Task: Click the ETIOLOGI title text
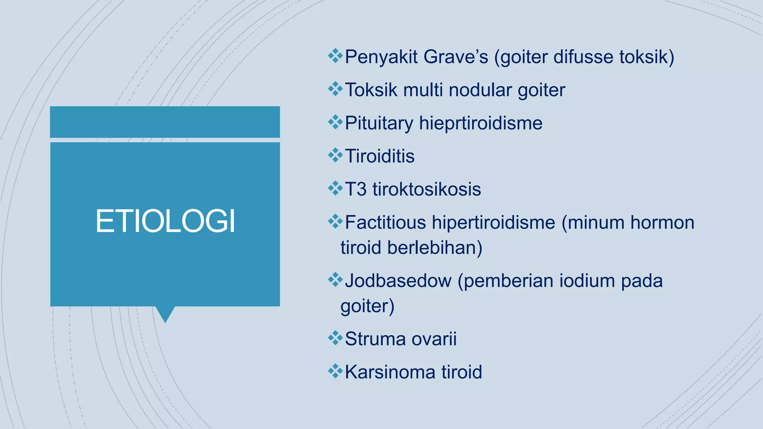click(165, 221)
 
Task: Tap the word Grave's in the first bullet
click(456, 57)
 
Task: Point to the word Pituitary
click(379, 123)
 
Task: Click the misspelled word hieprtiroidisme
click(481, 123)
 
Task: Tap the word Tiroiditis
click(380, 156)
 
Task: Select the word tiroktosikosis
click(427, 189)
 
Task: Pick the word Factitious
click(385, 222)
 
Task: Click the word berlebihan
click(434, 248)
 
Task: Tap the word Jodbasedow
click(398, 281)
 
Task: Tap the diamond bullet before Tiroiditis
click(335, 155)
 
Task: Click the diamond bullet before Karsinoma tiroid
click(335, 371)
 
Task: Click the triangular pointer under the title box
click(165, 314)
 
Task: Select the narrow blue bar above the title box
click(165, 122)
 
